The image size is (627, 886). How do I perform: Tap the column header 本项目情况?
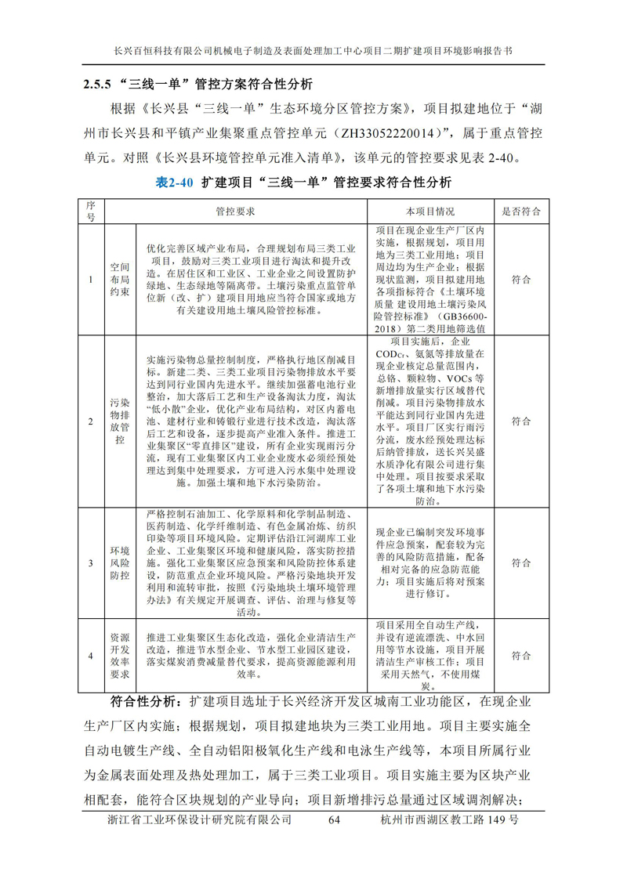(429, 212)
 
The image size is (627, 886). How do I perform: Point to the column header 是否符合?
(520, 212)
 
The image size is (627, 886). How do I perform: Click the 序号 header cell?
(90, 212)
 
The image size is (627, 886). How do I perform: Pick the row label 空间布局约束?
(119, 280)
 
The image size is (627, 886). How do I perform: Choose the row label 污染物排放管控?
(119, 421)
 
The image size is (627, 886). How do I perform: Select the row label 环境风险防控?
(119, 562)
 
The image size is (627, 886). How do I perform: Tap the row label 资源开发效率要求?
(119, 655)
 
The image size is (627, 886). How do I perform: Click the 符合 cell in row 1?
(520, 280)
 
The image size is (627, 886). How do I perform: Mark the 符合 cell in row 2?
(520, 421)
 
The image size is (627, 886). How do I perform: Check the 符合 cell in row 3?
(520, 562)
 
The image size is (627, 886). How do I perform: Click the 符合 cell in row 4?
(520, 655)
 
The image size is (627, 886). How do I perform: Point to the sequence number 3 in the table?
(90, 562)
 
